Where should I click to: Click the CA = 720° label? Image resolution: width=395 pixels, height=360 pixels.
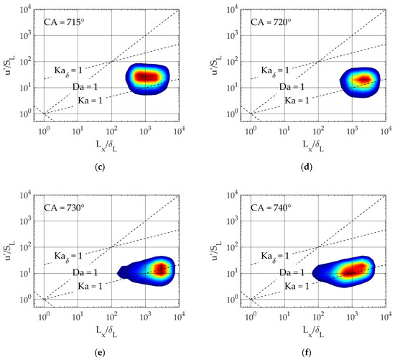click(x=271, y=22)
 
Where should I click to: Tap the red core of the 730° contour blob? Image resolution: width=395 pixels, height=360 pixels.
click(x=159, y=269)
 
